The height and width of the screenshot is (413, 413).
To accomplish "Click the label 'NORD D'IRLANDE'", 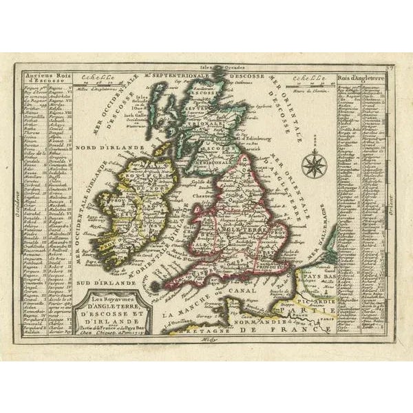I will click(103, 147).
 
